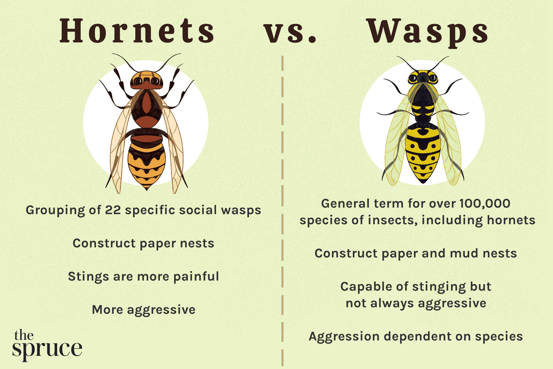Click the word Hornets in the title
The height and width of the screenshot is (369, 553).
(137, 31)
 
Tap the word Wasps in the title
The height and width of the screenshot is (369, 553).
(428, 32)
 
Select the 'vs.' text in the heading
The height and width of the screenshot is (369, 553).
(290, 32)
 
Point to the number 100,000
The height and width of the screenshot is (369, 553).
(485, 203)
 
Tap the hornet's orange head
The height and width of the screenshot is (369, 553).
(146, 79)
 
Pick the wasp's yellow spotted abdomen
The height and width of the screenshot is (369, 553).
(423, 153)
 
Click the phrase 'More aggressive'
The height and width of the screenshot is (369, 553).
(143, 310)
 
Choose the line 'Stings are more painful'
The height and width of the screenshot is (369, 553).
(143, 276)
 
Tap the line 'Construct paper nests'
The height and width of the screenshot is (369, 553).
(143, 244)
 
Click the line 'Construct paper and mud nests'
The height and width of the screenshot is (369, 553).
(415, 254)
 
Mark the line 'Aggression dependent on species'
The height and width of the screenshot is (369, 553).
(415, 337)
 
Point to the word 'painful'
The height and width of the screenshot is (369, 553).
(196, 276)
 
